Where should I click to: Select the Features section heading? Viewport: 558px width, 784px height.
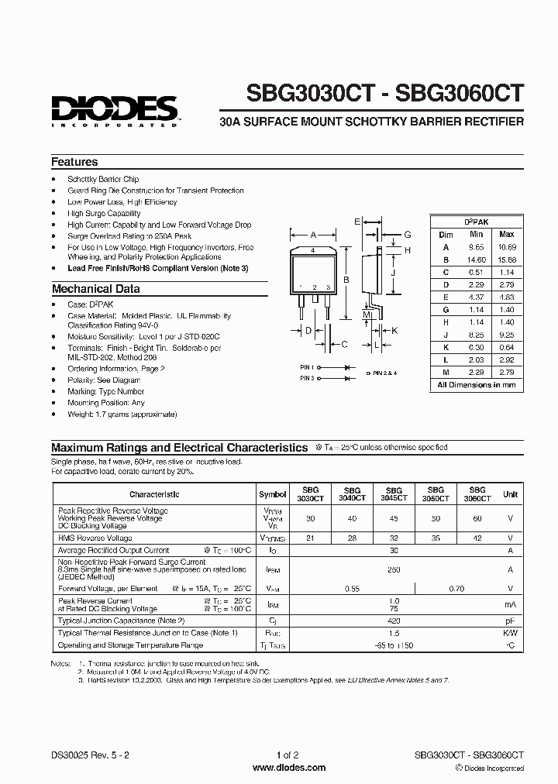pos(74,162)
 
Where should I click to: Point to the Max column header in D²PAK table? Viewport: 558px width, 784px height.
pos(506,234)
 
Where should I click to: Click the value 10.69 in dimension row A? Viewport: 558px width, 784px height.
pos(506,246)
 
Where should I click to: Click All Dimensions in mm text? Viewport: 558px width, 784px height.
pos(476,385)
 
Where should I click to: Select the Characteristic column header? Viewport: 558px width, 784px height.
pos(154,494)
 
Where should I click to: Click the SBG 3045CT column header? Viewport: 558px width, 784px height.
pos(394,494)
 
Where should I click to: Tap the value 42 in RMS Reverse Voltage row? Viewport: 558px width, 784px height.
pos(477,538)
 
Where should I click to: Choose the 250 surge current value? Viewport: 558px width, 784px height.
pos(394,569)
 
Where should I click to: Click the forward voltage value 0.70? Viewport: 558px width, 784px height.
pos(456,589)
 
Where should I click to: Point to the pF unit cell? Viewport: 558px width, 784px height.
pos(510,621)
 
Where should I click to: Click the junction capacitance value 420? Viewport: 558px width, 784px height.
pos(394,621)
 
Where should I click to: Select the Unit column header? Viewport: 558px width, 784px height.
pos(510,494)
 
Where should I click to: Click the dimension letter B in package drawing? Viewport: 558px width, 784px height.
pos(347,281)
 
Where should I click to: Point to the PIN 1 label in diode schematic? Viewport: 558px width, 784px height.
pos(307,366)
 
